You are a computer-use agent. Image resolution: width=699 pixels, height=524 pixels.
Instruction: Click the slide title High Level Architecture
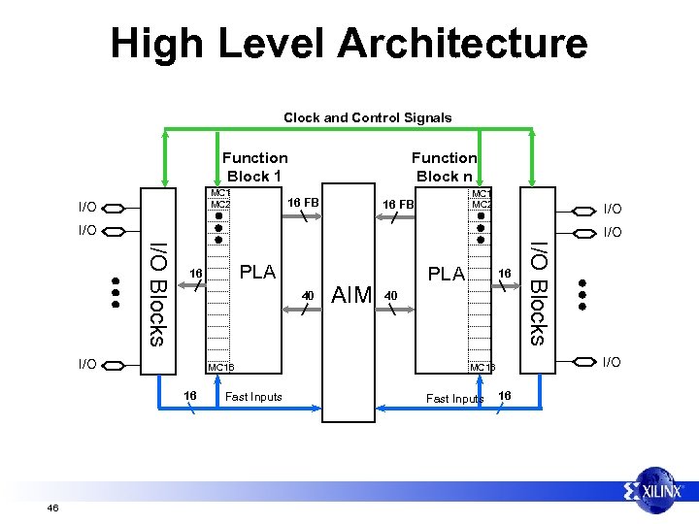349,44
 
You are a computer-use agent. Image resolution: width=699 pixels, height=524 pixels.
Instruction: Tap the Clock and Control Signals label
367,117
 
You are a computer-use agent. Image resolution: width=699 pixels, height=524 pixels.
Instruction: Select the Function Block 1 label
254,166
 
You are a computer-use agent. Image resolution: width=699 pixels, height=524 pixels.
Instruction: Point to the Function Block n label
444,166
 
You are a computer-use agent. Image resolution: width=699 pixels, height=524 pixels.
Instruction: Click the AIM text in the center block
351,293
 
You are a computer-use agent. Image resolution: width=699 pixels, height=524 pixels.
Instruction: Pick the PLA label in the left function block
257,272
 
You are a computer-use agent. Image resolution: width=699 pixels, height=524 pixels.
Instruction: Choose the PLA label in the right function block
447,274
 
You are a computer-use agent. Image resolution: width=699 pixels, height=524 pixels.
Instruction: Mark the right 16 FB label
398,205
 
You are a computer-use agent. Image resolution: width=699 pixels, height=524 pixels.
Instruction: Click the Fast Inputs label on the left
253,396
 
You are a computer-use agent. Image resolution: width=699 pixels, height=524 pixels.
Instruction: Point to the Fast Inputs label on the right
454,399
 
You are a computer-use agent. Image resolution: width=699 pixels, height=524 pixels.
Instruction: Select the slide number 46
53,508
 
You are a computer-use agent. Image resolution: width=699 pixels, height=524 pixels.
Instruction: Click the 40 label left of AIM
308,294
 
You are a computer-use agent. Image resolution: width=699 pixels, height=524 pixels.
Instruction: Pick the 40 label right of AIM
390,294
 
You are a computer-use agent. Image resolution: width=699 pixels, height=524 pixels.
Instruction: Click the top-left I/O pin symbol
114,208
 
